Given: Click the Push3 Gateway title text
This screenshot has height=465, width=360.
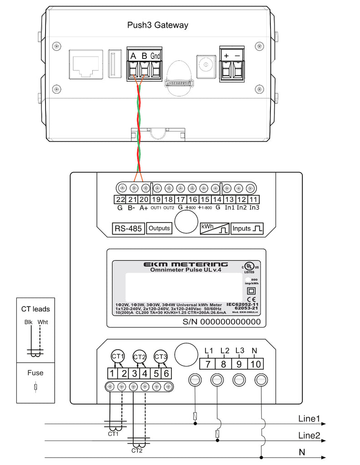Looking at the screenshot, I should coord(158,25).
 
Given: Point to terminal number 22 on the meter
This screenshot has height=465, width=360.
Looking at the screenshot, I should coord(120,199).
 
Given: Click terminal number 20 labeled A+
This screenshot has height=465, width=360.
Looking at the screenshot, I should coord(144,199).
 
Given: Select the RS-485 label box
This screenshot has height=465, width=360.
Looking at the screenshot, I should coord(128,228).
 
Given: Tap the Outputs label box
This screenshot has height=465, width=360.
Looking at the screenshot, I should coord(159,228).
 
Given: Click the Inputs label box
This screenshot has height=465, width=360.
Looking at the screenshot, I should coord(247,228).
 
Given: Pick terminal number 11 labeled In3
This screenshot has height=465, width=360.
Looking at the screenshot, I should coord(255,199).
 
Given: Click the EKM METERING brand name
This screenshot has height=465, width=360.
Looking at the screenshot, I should coord(185,264).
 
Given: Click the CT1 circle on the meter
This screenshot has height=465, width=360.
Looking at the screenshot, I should coord(118,356).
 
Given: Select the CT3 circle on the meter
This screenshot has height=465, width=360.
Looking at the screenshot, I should coord(160,356).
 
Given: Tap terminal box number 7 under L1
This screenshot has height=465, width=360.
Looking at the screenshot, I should coord(207,364).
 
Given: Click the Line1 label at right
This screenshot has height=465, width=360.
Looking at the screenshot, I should coord(309,418).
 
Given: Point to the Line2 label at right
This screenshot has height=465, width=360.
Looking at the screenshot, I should coord(309,435).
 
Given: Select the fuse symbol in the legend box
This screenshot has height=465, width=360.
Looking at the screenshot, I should coord(35,387).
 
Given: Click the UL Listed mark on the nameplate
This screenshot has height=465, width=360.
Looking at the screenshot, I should coord(249,266).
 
